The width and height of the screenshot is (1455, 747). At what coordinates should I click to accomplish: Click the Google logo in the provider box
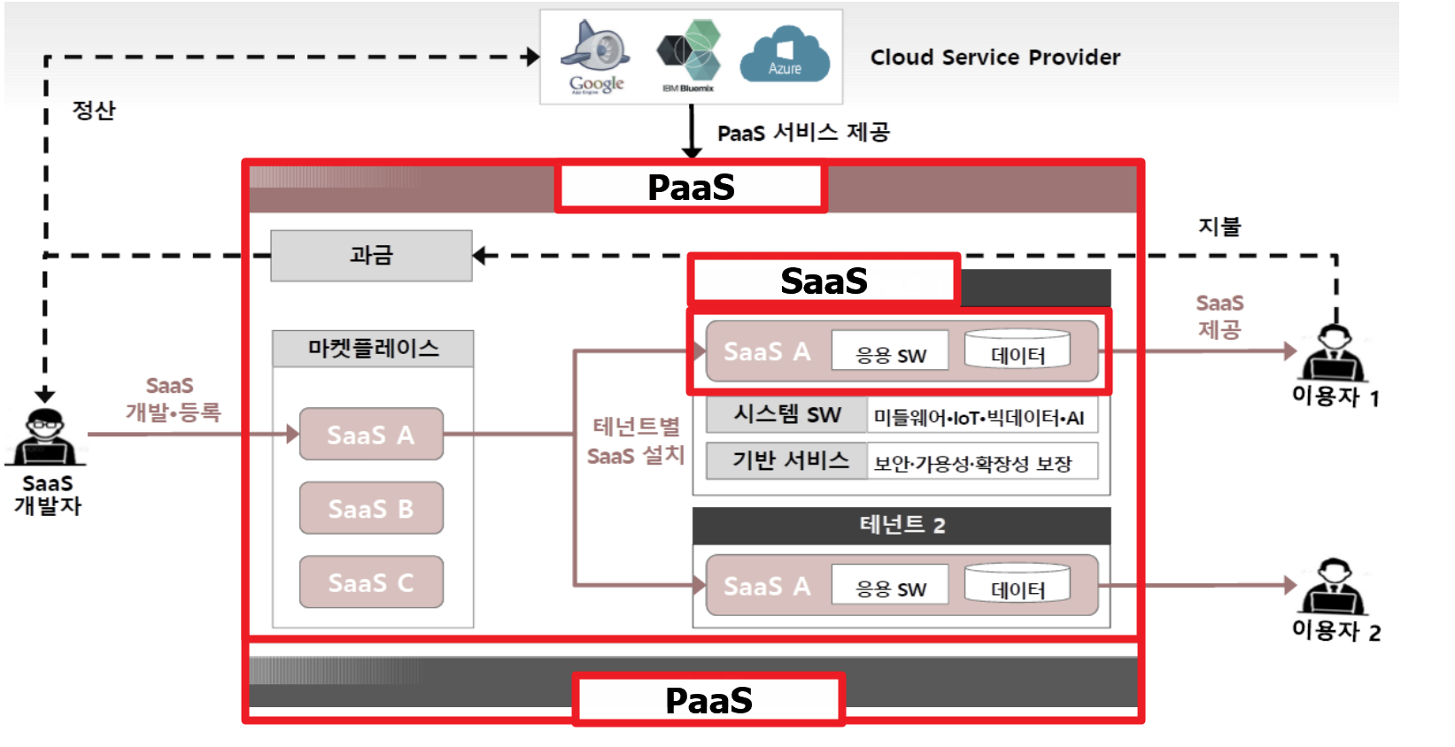coord(596,57)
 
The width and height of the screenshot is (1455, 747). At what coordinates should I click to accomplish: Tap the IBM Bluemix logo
coord(689,55)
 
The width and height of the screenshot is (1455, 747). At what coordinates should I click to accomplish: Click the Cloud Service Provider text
coord(995,58)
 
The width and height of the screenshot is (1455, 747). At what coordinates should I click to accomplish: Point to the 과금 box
coord(371,256)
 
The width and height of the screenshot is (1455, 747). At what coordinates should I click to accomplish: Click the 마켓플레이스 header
coord(373,349)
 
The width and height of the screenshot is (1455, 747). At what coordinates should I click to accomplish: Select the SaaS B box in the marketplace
coord(371,508)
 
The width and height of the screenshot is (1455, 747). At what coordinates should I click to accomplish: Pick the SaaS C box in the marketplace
coord(371,582)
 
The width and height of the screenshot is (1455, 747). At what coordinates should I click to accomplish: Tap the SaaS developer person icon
coord(45,437)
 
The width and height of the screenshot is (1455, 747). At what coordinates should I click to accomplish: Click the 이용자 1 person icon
coord(1334,354)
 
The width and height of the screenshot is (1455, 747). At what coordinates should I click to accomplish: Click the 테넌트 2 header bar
coord(901,526)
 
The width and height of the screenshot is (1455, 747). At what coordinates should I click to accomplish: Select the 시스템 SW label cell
coord(786,415)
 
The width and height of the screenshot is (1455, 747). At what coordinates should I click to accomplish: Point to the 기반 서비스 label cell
coord(786,461)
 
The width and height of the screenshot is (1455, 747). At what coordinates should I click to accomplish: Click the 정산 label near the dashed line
coord(94,111)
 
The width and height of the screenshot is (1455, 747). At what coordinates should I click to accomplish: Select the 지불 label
coord(1219,227)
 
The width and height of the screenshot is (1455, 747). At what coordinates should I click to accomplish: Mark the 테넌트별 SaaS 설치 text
coord(636,441)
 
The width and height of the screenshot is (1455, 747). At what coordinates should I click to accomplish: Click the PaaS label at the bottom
coord(708,700)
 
